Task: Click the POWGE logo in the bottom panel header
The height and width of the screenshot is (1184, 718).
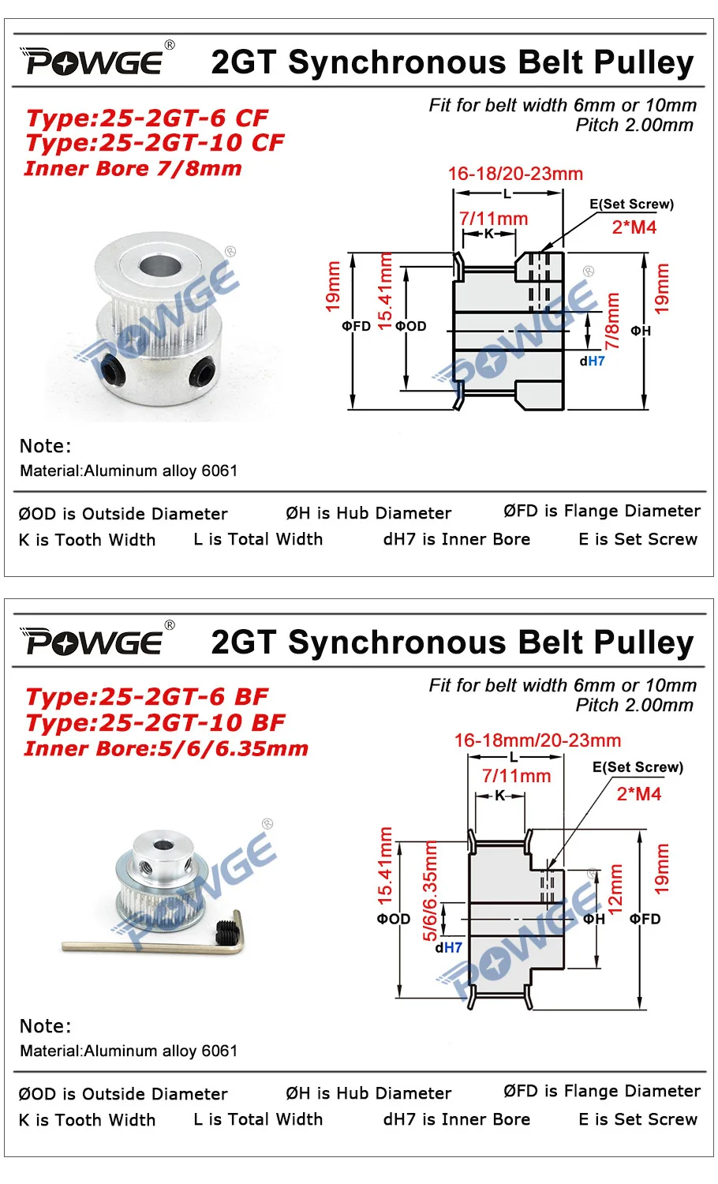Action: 95,641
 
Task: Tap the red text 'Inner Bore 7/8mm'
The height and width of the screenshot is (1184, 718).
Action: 133,168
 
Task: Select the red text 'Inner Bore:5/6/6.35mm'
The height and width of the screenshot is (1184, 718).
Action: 166,748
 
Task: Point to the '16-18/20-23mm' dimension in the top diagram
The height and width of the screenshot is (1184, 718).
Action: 515,174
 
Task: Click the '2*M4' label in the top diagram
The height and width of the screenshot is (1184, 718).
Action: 634,227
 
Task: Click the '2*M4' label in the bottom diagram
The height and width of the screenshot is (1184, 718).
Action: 638,794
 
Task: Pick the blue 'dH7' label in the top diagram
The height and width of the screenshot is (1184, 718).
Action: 593,361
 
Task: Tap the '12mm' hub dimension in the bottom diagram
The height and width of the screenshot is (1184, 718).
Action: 615,888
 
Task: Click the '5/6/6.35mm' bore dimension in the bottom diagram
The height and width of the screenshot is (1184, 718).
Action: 430,890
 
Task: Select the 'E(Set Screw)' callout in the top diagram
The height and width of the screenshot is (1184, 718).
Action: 631,204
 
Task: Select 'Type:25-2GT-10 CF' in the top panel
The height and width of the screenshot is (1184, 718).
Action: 155,143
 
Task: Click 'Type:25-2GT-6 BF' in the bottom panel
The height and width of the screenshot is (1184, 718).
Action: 147,697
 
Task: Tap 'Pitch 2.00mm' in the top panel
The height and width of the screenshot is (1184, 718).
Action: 634,125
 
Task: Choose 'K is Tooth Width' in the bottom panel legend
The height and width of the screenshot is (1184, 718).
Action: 87,1119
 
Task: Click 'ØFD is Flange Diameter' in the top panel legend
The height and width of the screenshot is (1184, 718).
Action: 601,511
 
